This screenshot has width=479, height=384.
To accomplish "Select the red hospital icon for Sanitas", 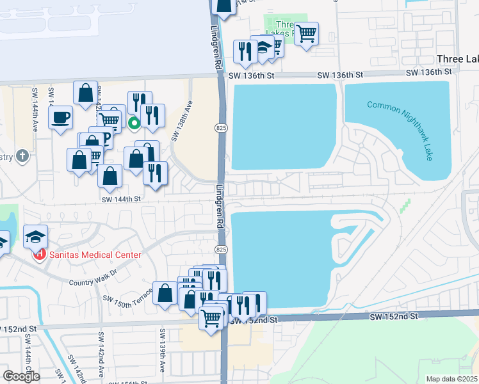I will [40, 254].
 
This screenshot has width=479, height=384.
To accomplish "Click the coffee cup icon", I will [61, 118].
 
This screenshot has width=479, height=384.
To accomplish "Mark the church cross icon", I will [22, 156].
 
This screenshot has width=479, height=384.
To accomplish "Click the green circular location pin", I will [134, 123].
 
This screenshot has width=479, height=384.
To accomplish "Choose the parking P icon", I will [106, 136].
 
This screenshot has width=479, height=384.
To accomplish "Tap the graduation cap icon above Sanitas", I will [36, 237].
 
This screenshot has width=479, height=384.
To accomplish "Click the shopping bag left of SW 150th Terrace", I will [165, 293].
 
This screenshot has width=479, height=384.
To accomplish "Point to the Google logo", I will [21, 376].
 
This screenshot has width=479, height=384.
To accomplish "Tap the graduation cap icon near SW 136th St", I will [263, 49].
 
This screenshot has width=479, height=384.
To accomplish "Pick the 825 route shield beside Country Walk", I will [220, 248].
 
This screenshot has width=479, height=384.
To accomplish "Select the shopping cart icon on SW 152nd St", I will [211, 317].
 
